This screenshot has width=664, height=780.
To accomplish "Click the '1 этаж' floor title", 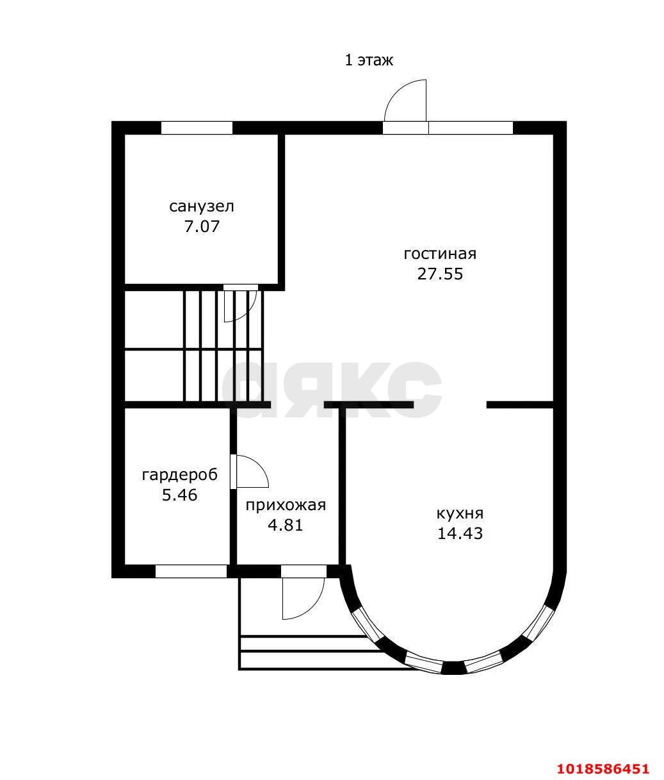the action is pyautogui.click(x=369, y=60).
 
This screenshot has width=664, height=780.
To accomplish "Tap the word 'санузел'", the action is pyautogui.click(x=201, y=207).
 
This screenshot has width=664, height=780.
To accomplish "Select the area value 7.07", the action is pyautogui.click(x=202, y=227).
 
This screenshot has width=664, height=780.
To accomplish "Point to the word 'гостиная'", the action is pyautogui.click(x=440, y=254).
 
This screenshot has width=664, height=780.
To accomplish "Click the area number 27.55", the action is pyautogui.click(x=440, y=274).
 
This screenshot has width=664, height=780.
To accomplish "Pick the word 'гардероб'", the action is pyautogui.click(x=180, y=475).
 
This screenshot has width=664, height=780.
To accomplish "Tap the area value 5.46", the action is pyautogui.click(x=179, y=495).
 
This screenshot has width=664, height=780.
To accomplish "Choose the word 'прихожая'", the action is pyautogui.click(x=286, y=505).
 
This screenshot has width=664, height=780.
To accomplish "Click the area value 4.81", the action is pyautogui.click(x=286, y=526).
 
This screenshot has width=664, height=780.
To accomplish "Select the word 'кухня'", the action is pyautogui.click(x=460, y=513).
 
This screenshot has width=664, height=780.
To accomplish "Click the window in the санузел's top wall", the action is pyautogui.click(x=197, y=128).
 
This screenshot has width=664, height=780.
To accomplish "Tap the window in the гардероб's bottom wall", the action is pyautogui.click(x=191, y=571).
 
